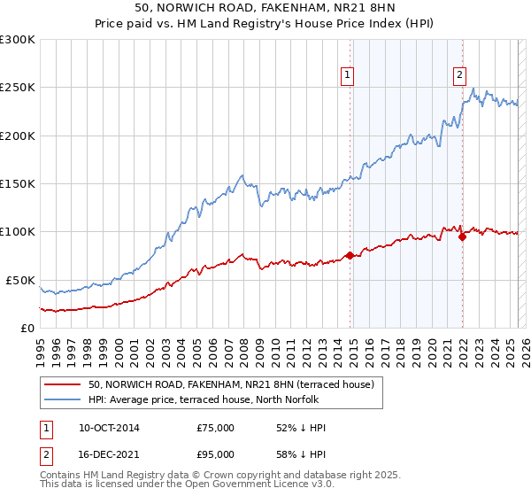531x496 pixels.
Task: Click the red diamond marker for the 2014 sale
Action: click(x=350, y=255)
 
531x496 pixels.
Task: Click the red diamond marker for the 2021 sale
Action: click(x=462, y=236)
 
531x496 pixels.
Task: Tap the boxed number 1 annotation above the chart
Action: click(x=348, y=75)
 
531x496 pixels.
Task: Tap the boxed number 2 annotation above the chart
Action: click(x=460, y=75)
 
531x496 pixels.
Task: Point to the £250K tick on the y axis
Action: click(x=18, y=88)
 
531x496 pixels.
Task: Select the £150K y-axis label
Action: click(x=18, y=183)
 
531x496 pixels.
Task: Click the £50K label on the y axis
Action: click(x=21, y=280)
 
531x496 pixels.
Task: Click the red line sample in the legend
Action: click(x=62, y=384)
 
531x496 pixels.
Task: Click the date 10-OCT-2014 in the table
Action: click(x=109, y=428)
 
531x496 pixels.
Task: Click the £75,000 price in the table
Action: click(x=216, y=428)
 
